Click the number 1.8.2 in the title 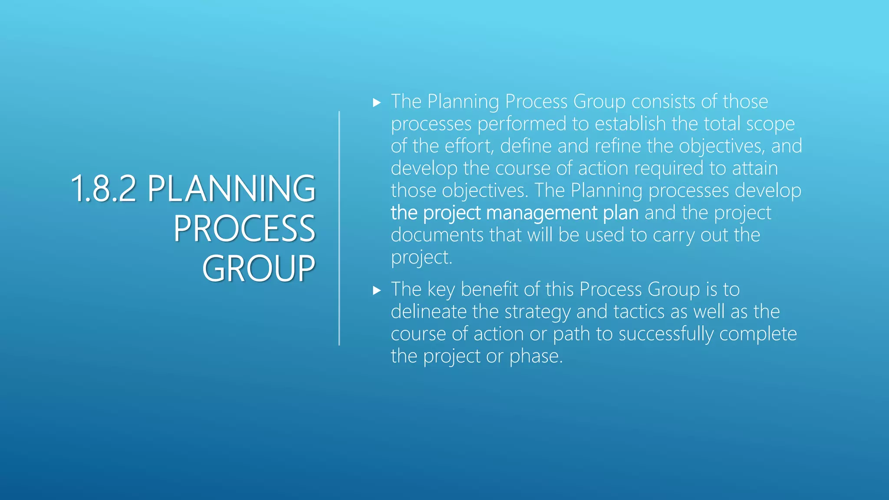click(103, 189)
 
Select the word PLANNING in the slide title click(231, 189)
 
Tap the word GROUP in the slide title click(259, 269)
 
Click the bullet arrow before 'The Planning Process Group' click(377, 103)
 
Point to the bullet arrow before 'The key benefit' click(377, 290)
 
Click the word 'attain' click(755, 168)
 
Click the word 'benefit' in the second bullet click(489, 289)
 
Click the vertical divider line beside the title click(339, 228)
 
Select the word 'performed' click(522, 124)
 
